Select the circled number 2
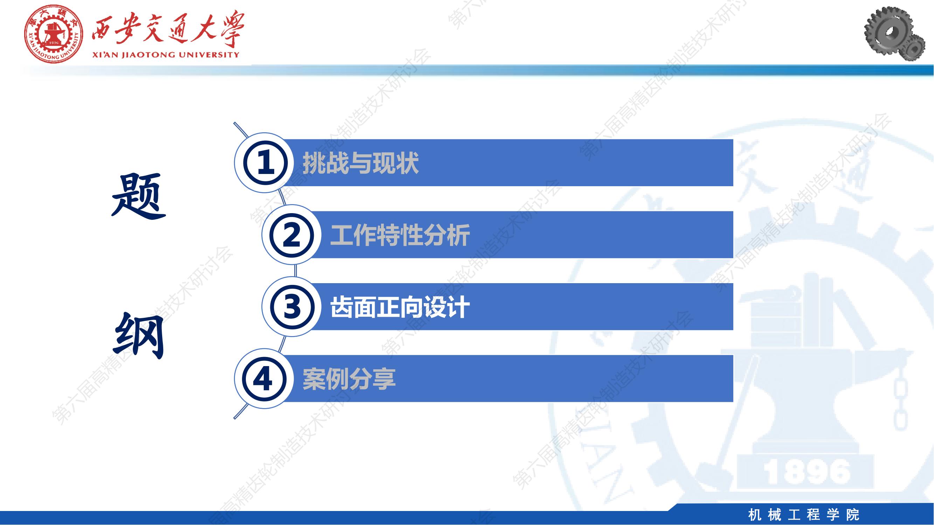(x=291, y=235)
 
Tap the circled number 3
(x=291, y=307)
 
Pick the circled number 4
(x=264, y=379)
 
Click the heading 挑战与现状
(x=361, y=163)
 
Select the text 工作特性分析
(x=400, y=235)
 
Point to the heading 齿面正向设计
(x=400, y=307)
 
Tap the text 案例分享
(x=349, y=379)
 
